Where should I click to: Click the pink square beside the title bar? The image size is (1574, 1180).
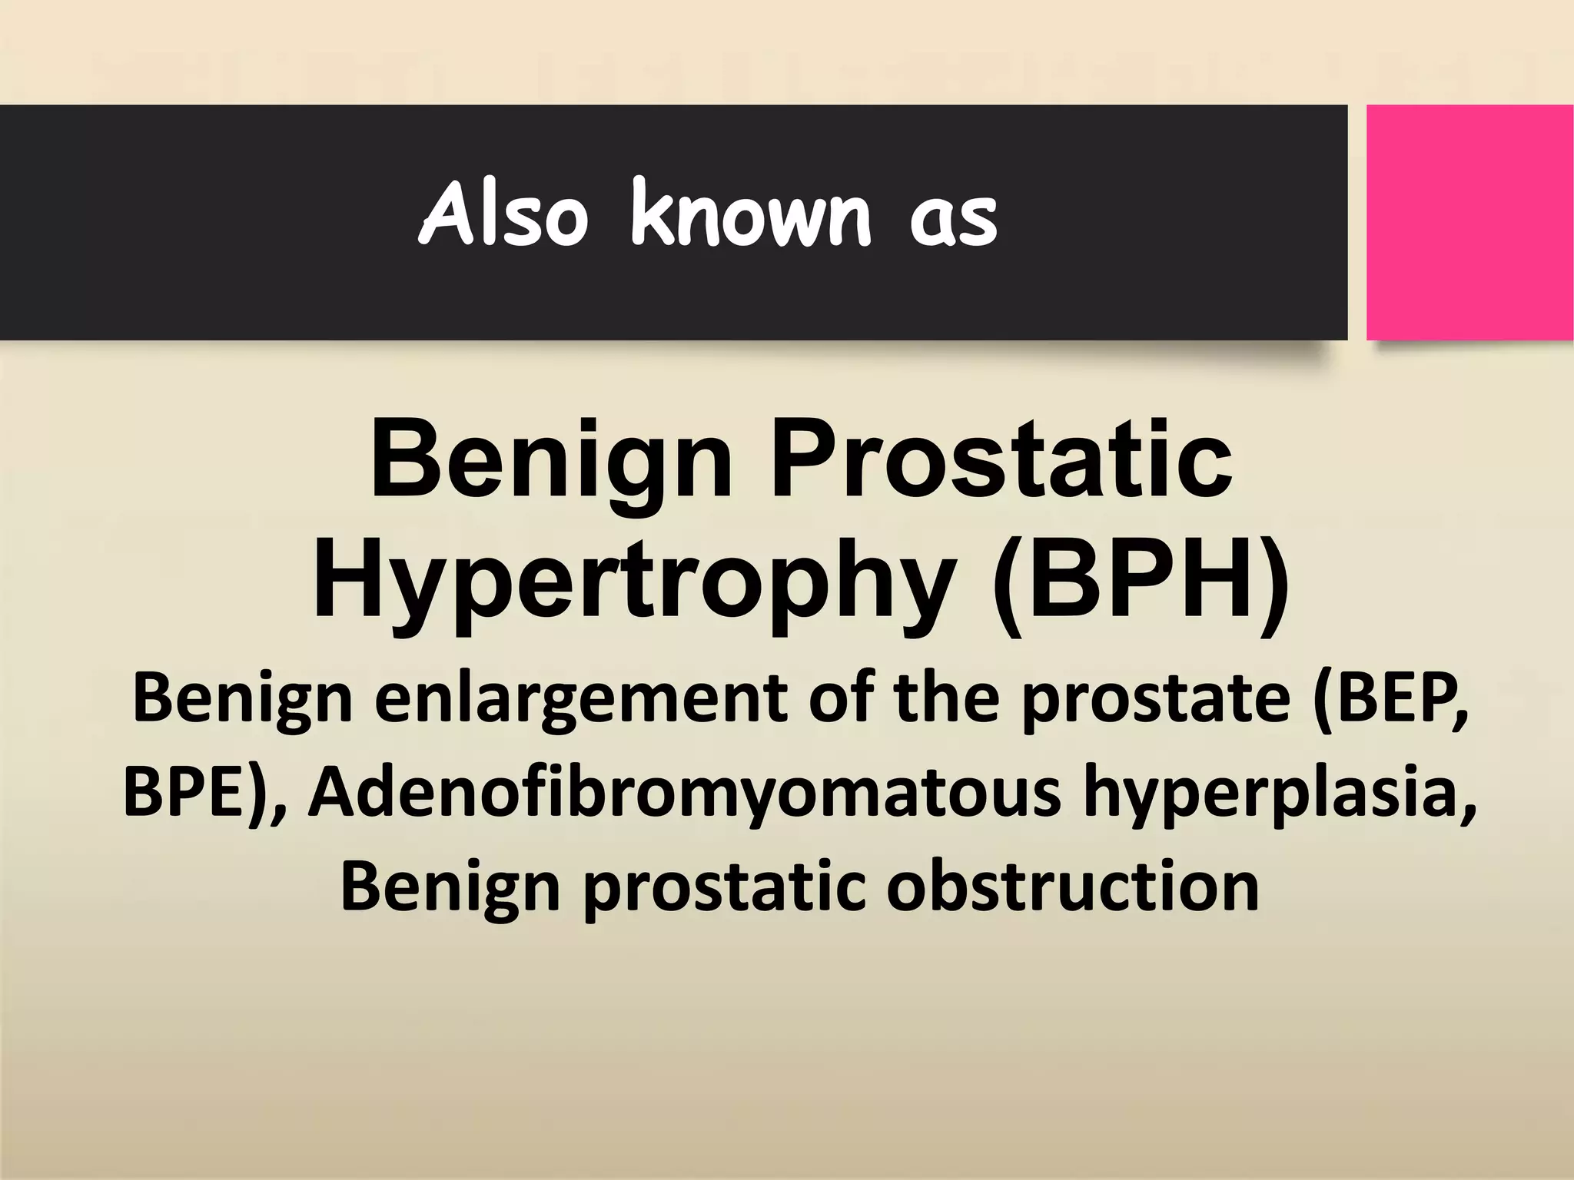tap(1469, 223)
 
